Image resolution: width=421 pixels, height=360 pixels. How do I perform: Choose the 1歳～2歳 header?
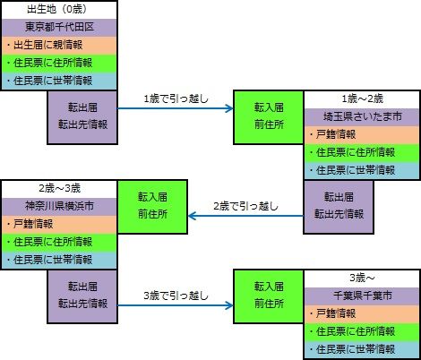(361, 99)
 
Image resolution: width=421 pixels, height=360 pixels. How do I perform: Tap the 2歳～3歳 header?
(58, 189)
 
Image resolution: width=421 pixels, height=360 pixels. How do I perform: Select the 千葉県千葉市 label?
(361, 296)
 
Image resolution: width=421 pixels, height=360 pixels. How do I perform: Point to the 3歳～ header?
(361, 278)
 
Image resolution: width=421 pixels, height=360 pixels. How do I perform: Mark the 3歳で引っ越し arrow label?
(176, 295)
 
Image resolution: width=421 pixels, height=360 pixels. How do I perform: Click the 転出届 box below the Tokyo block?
(82, 116)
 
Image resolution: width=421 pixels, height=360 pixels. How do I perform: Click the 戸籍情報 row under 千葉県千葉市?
(361, 313)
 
